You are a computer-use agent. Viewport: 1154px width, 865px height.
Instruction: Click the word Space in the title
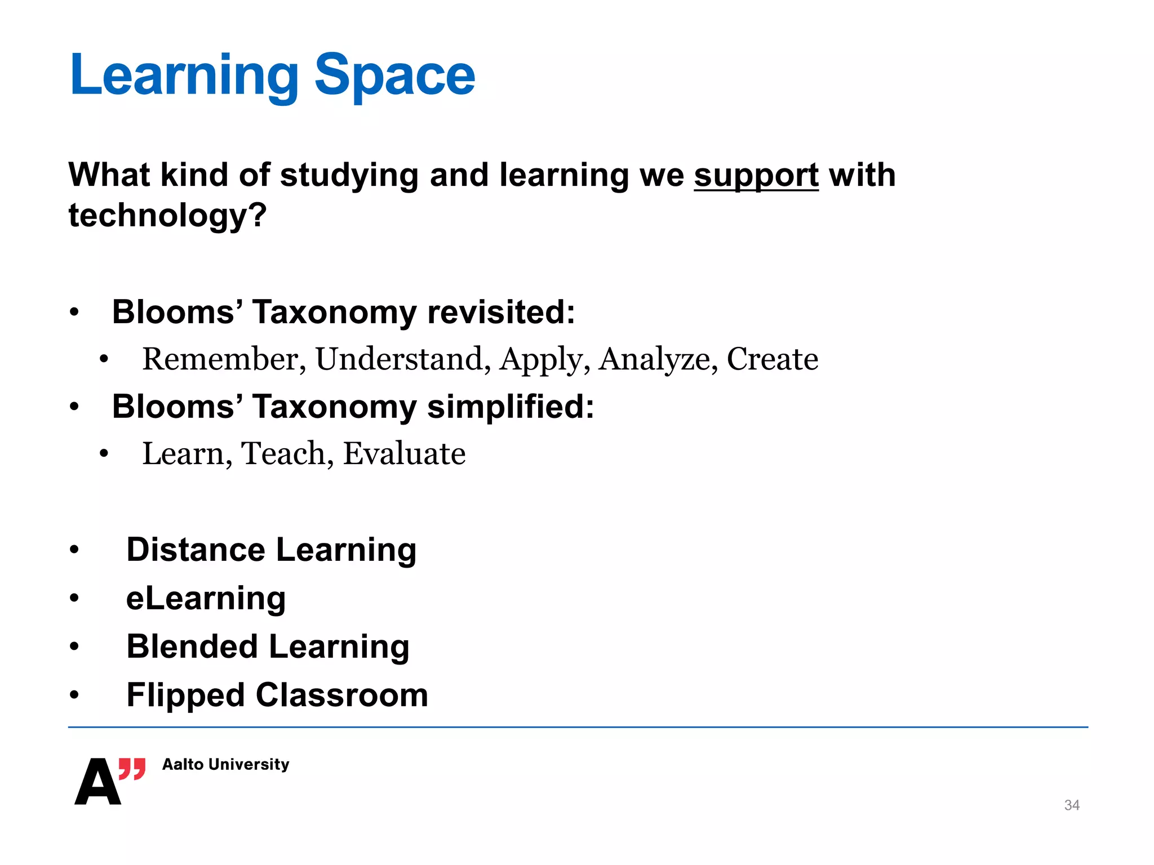click(394, 76)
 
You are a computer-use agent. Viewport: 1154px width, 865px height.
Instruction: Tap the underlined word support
click(756, 176)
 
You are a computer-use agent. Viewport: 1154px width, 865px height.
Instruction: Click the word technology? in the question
click(167, 216)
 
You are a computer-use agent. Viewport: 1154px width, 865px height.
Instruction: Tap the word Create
click(772, 359)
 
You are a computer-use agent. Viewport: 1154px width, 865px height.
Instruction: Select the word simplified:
click(511, 407)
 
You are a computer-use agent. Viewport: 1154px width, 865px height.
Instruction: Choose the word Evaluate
click(404, 454)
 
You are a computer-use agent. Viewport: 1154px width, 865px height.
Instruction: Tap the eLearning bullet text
click(206, 598)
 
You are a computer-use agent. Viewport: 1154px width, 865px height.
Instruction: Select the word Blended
click(192, 646)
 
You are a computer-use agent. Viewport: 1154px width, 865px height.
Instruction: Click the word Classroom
click(342, 695)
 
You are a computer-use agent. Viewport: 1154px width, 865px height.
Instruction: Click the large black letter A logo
click(97, 782)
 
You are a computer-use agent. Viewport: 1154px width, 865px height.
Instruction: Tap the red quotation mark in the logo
click(132, 769)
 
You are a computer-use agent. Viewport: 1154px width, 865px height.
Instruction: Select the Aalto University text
click(225, 764)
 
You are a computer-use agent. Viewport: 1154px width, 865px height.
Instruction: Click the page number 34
click(1071, 805)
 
